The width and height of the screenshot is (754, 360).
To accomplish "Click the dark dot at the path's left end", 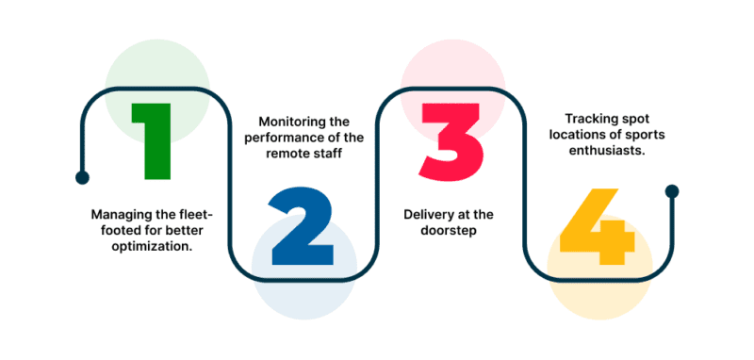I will click(82, 176).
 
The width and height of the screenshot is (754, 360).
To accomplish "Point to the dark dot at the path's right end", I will click(672, 191).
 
